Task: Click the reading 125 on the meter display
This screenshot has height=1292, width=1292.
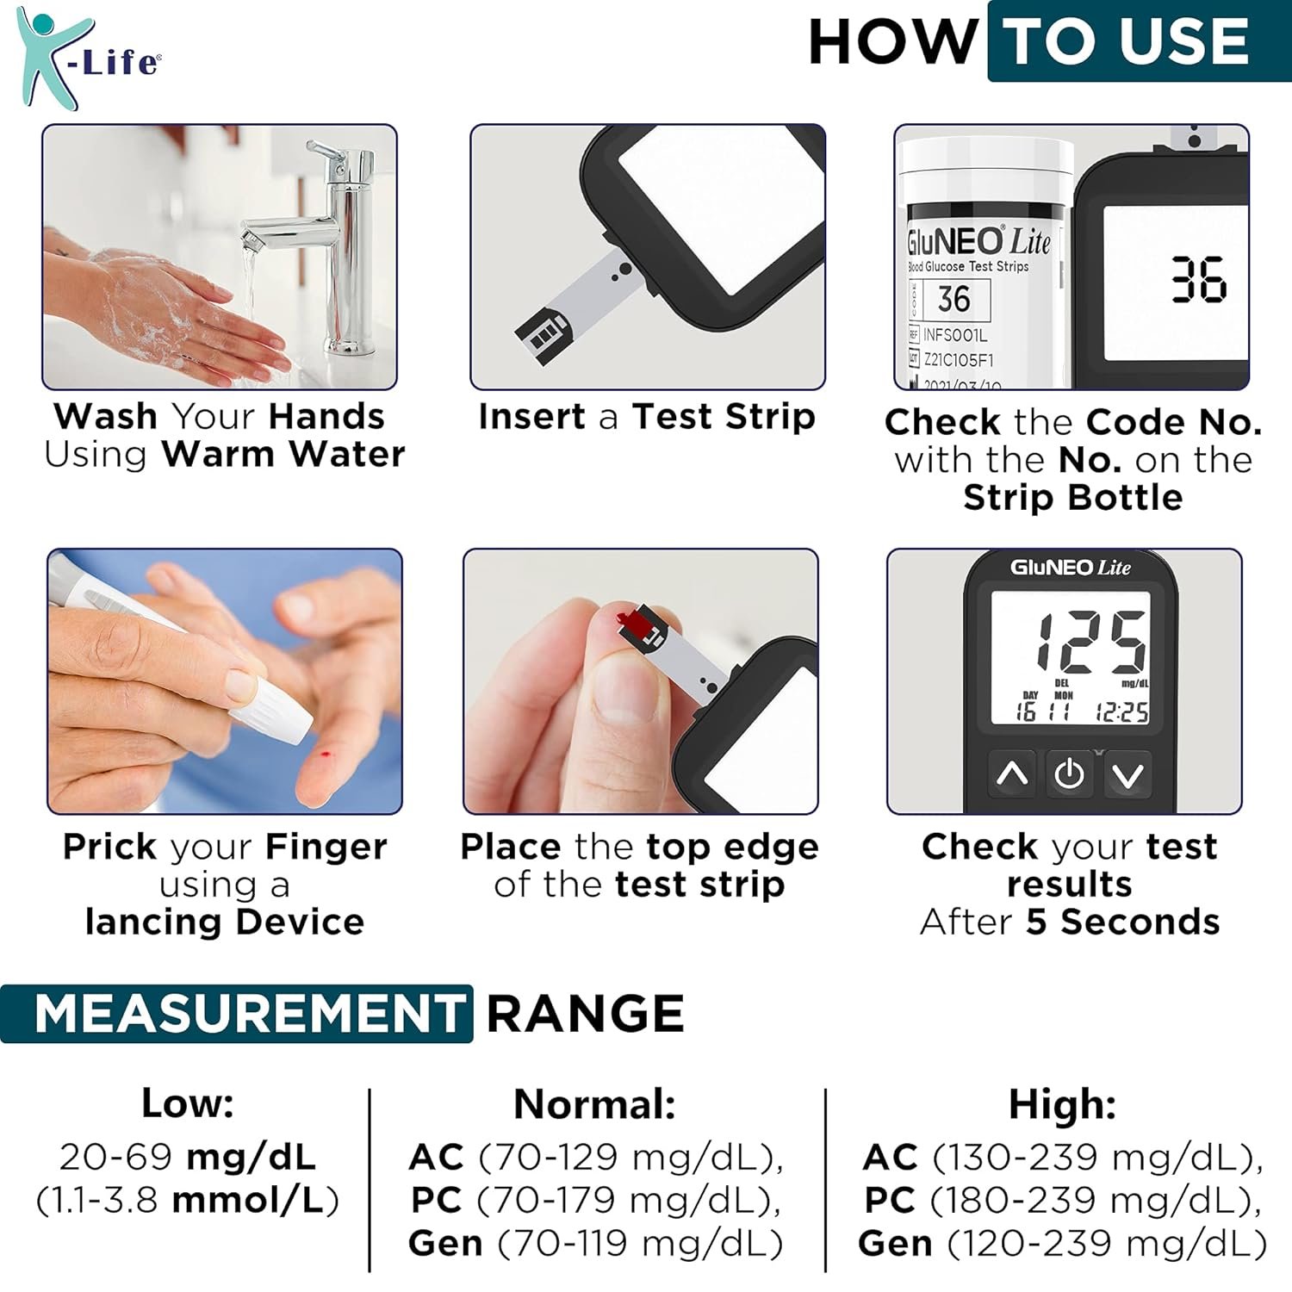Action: click(x=1091, y=643)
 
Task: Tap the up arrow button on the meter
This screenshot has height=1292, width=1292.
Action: click(x=1013, y=775)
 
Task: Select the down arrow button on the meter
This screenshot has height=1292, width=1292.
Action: click(x=1127, y=775)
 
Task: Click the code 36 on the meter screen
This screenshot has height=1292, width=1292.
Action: click(x=1198, y=280)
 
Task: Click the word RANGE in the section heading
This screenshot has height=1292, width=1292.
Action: click(x=586, y=1013)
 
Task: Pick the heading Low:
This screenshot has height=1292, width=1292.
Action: click(x=188, y=1103)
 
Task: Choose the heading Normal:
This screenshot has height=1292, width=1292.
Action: click(x=595, y=1104)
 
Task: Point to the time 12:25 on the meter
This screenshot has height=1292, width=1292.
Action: click(x=1121, y=711)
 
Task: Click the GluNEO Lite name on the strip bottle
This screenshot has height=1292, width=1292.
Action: click(x=978, y=241)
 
